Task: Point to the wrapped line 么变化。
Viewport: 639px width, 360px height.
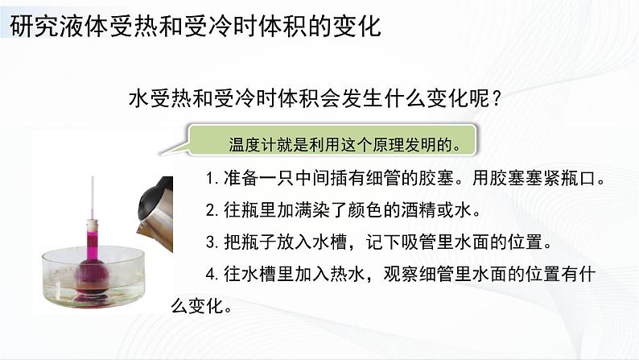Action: [201, 307]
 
